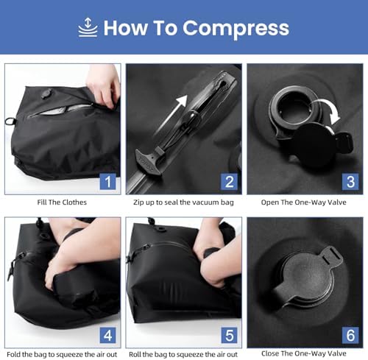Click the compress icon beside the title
[88, 28]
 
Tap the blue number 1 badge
[107, 181]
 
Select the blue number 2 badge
[229, 181]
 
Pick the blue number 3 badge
[350, 181]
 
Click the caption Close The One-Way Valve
[304, 354]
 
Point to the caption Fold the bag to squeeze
[61, 354]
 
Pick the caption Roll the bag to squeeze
[183, 354]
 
